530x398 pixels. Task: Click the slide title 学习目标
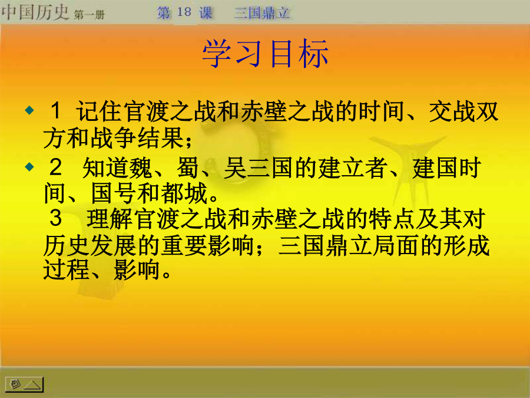266,54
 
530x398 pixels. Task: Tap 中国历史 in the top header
35,12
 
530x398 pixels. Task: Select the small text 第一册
90,15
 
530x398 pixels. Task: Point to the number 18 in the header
184,12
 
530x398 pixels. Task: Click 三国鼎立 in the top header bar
261,13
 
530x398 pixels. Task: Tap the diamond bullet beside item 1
30,110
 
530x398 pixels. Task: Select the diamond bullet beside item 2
30,166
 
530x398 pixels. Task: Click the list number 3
55,218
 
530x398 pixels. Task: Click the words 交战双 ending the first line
463,111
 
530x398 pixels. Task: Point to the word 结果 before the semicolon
161,138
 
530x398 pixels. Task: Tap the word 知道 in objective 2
105,168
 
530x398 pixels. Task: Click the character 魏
141,168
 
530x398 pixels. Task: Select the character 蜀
188,168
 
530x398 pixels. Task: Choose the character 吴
235,168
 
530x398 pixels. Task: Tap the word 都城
184,193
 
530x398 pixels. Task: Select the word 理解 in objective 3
110,219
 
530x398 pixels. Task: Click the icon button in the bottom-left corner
24,384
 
